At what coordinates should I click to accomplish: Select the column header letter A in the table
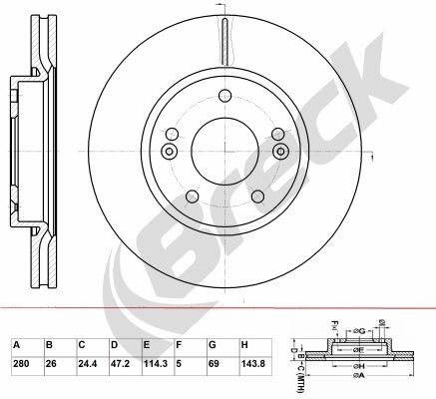tap(16, 344)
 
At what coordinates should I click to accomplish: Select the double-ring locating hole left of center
tap(168, 152)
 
